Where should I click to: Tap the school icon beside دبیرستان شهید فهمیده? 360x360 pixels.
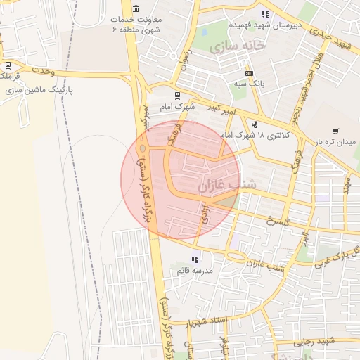[x=264, y=14]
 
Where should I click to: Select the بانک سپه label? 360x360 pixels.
[x=250, y=83]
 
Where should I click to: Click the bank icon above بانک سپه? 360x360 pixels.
[x=249, y=73]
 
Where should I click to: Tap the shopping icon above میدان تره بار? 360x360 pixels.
[x=335, y=131]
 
